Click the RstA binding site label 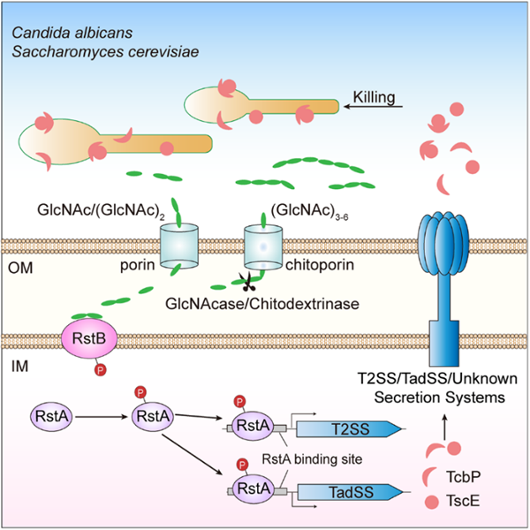coord(299,458)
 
